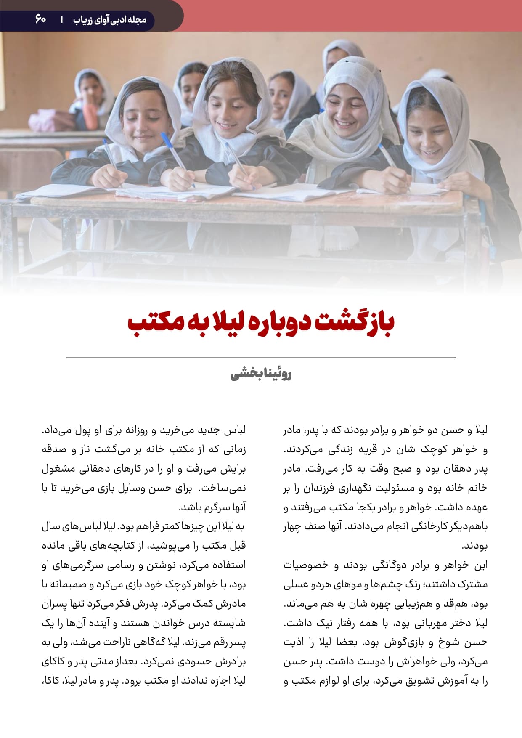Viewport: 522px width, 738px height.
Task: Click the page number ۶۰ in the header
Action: point(41,19)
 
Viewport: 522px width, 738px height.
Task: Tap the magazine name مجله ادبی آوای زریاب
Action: point(109,19)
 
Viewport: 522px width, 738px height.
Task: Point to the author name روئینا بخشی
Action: point(261,374)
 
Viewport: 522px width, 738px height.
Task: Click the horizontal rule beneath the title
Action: point(261,358)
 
